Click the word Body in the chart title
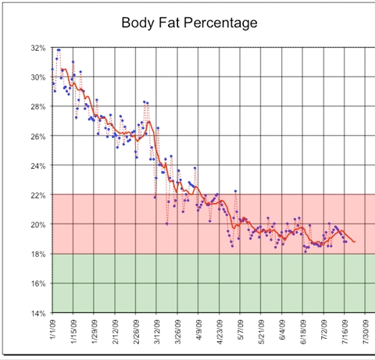point(139,23)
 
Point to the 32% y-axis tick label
point(37,48)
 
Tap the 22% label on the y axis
point(37,194)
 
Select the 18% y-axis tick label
point(37,254)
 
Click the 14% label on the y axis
point(37,312)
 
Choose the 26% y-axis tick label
point(37,136)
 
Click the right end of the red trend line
point(355,242)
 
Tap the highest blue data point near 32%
point(58,50)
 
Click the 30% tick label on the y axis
point(37,77)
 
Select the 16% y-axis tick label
point(37,283)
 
